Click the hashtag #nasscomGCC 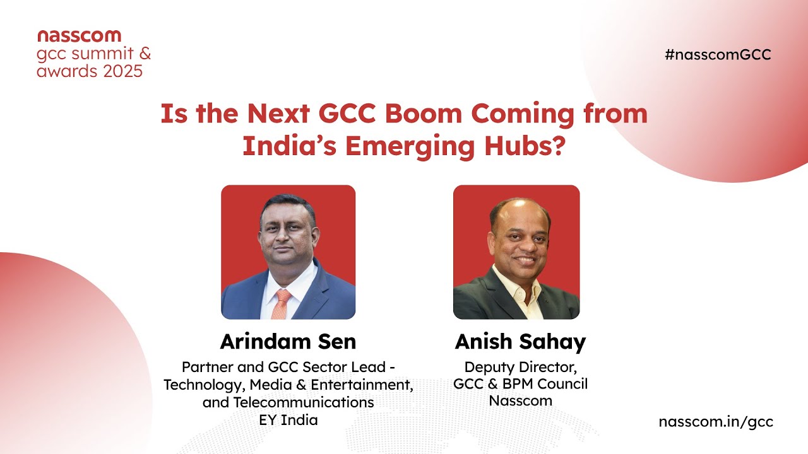pos(718,54)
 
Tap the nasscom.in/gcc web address pos(716,422)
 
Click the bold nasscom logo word pos(79,35)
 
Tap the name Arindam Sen pos(288,342)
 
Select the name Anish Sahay pos(520,342)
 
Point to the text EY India pos(288,419)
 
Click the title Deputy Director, pos(520,366)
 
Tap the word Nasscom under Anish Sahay pos(520,400)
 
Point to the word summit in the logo pos(100,53)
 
